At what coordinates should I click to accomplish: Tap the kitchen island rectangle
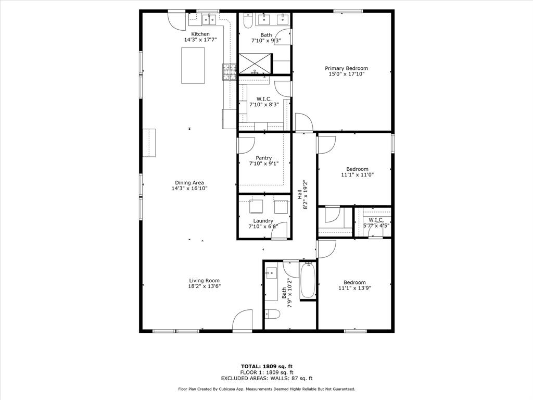(193, 65)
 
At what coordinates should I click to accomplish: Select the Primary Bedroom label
(346, 68)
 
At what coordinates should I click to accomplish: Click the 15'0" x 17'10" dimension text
(346, 74)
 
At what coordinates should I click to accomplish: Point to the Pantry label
(263, 158)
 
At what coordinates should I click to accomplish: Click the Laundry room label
(263, 221)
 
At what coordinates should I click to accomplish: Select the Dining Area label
(189, 182)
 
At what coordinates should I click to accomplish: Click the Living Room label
(204, 280)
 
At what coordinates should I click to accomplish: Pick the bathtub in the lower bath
(308, 280)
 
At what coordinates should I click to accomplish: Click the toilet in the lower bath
(272, 314)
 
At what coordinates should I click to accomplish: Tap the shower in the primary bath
(255, 64)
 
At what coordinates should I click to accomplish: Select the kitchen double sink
(209, 20)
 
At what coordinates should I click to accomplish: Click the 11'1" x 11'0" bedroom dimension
(357, 175)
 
